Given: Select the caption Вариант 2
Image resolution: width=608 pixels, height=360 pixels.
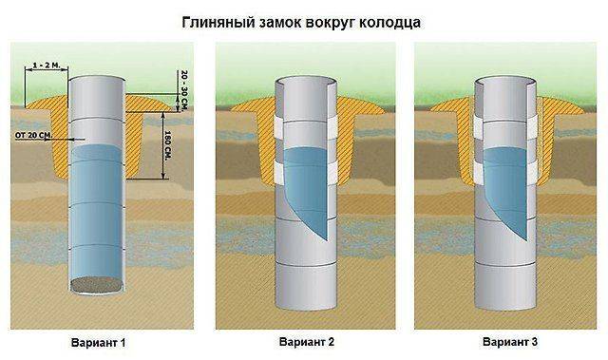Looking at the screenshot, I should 305,340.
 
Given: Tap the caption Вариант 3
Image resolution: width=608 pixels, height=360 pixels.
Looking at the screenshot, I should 509,340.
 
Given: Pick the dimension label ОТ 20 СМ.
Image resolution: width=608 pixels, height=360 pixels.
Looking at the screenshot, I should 33,136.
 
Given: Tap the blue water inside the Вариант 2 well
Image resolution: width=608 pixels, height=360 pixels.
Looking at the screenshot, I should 305,185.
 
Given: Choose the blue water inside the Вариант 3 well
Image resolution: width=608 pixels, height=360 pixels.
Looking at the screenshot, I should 508,185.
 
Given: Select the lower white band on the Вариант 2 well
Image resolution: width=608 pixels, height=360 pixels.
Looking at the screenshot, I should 305,171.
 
